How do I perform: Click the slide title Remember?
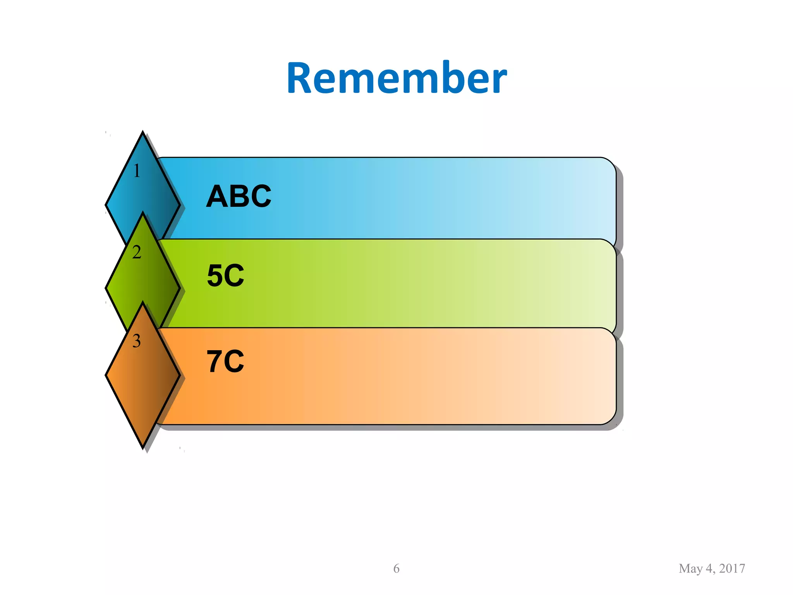coord(396,78)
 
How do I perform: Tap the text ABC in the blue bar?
coord(239,196)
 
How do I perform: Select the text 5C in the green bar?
coord(226,276)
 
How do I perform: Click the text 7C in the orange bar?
coord(225,361)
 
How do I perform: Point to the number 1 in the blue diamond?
coord(137,171)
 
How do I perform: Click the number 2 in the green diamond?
coord(136,253)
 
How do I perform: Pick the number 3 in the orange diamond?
coord(136,341)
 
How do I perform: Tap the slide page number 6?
coord(396,568)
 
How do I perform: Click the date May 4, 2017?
coord(712,568)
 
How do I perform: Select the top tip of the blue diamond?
coord(143,133)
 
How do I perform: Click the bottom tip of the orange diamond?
coord(143,447)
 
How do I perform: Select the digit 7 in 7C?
coord(214,361)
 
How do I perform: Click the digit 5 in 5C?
coord(215,276)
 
